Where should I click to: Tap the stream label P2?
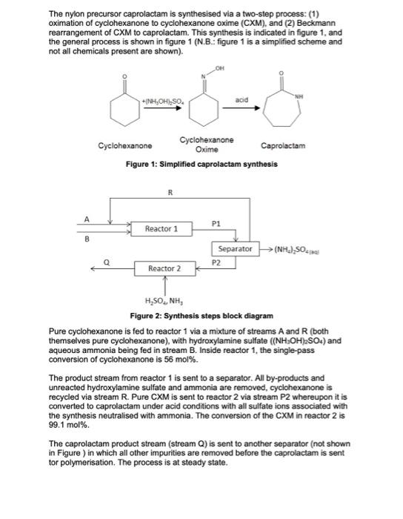click(216, 262)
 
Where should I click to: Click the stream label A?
click(87, 218)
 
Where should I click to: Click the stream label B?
click(87, 239)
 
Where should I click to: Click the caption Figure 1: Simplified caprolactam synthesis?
click(201, 163)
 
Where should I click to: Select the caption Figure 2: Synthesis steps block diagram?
click(201, 314)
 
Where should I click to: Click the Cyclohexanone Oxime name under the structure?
click(207, 144)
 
